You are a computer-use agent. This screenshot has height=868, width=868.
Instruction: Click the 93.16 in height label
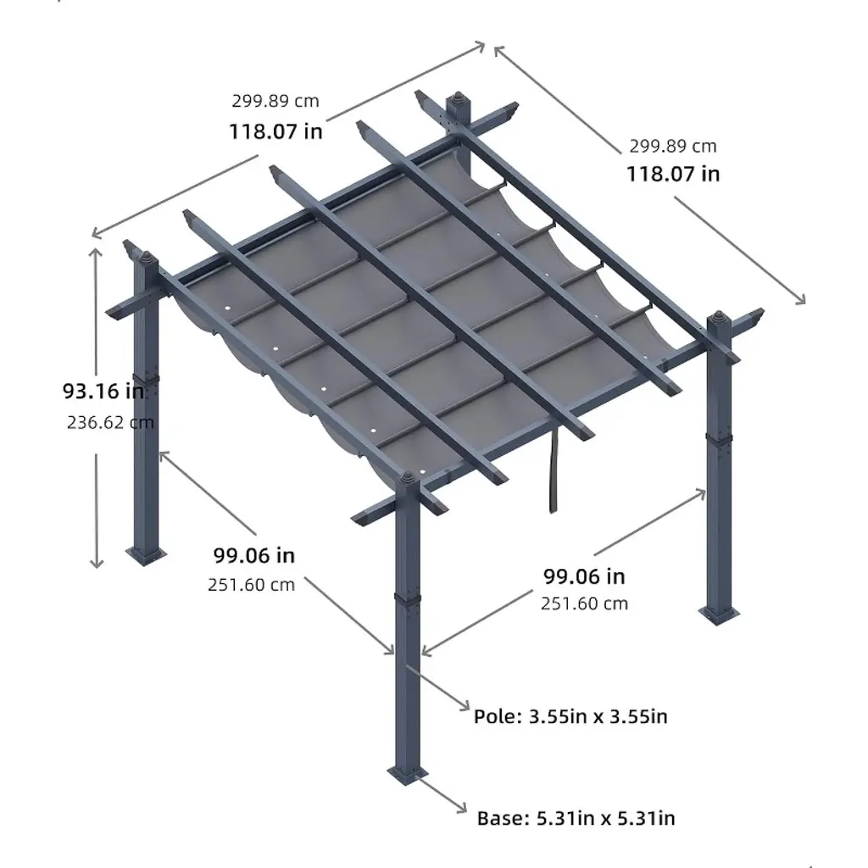103,391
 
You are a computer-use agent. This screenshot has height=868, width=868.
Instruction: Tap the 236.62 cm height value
110,422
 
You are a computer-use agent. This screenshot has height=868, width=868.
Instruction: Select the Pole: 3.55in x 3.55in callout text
570,716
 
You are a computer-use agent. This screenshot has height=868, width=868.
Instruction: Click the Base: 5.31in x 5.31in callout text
576,818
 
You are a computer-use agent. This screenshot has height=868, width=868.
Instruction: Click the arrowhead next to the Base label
460,807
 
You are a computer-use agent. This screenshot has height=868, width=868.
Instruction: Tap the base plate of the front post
408,774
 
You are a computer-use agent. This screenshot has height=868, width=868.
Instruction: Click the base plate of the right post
719,615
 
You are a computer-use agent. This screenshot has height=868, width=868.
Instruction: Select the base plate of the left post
146,554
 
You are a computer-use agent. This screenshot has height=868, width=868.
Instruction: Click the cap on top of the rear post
458,99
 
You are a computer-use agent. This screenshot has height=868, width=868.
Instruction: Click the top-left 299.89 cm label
275,101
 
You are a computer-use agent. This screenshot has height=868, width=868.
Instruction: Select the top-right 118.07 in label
672,174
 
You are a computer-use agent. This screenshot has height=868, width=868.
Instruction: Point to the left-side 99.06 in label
254,555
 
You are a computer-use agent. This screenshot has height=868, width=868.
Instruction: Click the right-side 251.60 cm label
585,604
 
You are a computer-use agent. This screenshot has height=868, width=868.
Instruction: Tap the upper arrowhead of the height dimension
96,253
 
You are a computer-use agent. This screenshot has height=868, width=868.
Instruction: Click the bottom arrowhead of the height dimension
97,563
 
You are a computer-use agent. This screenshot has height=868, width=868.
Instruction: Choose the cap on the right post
719,319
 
